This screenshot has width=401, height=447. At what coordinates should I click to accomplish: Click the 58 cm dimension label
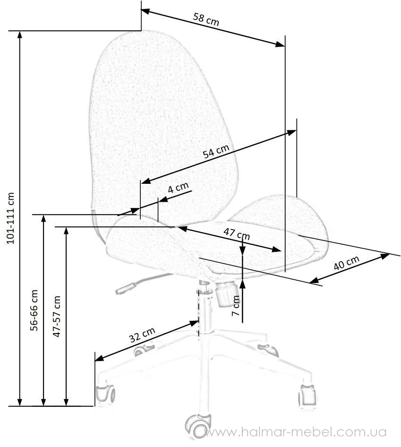206,19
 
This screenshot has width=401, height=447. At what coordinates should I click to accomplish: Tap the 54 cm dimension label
216,151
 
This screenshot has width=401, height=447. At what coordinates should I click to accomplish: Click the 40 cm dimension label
346,263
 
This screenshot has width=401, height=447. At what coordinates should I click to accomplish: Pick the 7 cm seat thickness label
236,306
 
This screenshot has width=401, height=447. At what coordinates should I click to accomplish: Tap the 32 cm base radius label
142,335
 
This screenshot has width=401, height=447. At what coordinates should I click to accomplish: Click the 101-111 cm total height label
10,218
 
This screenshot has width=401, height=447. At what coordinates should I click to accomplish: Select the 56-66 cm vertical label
34,310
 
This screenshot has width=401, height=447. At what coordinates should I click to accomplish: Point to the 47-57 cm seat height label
57,316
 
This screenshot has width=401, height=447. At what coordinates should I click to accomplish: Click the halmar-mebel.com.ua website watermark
296,432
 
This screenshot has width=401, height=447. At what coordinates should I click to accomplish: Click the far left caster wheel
105,394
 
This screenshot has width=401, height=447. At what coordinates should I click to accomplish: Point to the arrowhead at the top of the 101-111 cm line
20,34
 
